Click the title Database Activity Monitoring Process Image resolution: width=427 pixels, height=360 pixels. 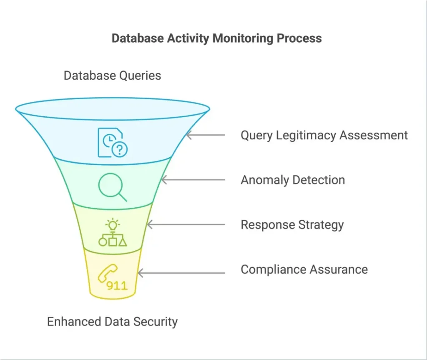pos(216,38)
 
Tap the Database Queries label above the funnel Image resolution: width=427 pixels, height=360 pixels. pos(112,76)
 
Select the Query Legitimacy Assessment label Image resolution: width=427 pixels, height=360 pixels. pos(324,135)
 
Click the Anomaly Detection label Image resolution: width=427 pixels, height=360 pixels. pos(293,180)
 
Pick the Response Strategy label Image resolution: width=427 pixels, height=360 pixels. pos(292,225)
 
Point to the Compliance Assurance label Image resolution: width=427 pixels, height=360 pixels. pos(304,269)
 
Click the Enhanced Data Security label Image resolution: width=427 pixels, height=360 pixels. pos(112,322)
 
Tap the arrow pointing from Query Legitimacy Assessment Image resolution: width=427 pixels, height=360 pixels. pos(206,135)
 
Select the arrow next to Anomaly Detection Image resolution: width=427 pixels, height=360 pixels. pos(193,180)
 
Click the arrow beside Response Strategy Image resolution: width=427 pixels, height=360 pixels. pos(186,225)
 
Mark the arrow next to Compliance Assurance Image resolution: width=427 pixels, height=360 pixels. pos(181,273)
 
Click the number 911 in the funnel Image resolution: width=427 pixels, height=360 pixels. pos(117,286)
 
